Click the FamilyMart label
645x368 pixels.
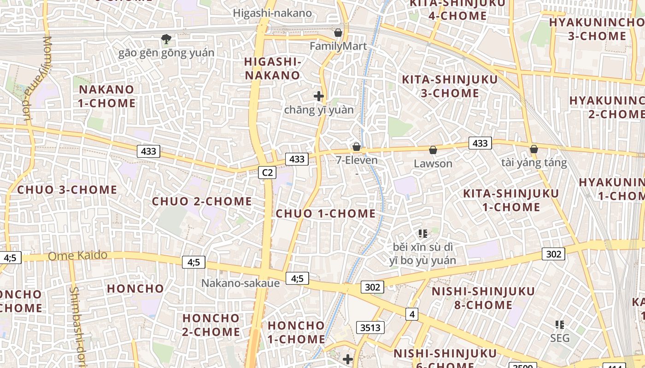[338, 46]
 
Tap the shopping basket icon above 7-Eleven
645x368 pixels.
[356, 147]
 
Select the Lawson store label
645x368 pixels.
[433, 163]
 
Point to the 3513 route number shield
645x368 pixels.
[370, 328]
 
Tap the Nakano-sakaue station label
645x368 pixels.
[240, 283]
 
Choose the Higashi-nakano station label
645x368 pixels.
[272, 13]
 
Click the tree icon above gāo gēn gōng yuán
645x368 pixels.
[166, 39]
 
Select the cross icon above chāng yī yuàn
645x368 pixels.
[318, 96]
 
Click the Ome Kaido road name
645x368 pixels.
[77, 255]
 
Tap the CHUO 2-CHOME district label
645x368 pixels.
[202, 201]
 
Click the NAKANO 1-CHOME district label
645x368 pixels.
[106, 96]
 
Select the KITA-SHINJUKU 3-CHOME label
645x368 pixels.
[450, 86]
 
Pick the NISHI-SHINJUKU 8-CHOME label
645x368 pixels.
[483, 298]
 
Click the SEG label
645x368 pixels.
[560, 338]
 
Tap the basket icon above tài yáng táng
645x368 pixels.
[534, 149]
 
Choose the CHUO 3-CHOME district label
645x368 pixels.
[67, 190]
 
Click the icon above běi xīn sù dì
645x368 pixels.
[423, 234]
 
